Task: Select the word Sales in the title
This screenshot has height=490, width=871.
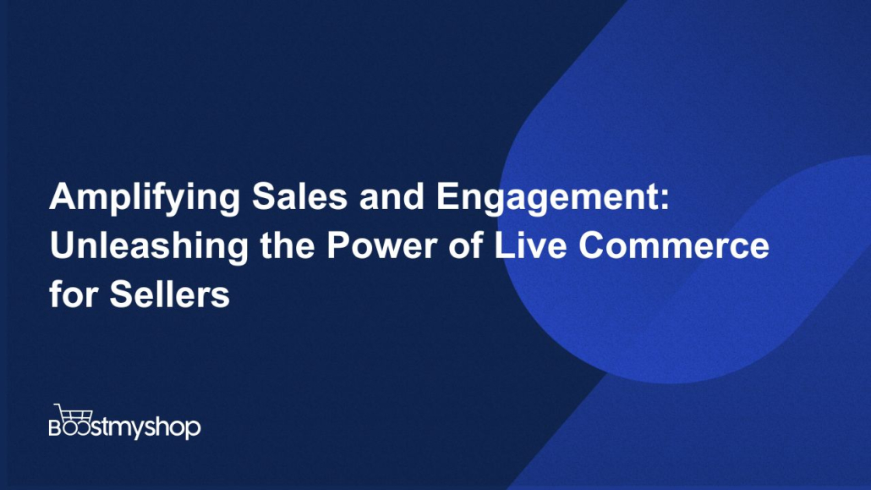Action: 299,195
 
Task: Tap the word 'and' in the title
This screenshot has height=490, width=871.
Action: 392,195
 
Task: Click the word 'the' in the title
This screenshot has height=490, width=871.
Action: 288,245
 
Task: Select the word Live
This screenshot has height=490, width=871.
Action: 530,245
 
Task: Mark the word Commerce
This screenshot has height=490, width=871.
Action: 674,245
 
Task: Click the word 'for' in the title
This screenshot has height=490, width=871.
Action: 73,294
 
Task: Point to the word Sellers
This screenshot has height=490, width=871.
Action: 169,294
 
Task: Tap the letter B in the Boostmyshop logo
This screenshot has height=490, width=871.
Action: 56,427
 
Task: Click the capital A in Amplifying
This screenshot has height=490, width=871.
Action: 62,196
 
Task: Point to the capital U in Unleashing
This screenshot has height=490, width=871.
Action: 62,245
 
